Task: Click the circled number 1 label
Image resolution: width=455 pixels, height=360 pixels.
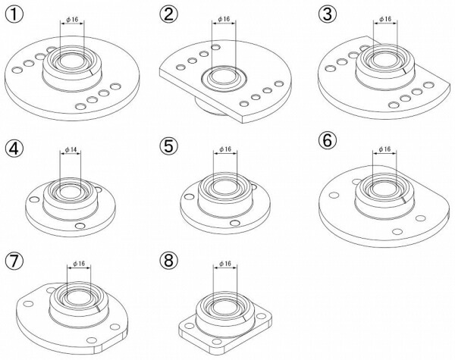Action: pyautogui.click(x=14, y=14)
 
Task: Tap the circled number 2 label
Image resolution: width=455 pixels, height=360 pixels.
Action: pyautogui.click(x=168, y=14)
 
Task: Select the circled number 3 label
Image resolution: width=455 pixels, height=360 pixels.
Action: pyautogui.click(x=327, y=14)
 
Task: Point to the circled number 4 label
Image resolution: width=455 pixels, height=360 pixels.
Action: pyautogui.click(x=14, y=149)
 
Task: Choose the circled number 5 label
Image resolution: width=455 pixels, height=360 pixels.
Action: pyautogui.click(x=168, y=146)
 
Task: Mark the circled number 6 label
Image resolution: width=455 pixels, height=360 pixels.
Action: pyautogui.click(x=327, y=140)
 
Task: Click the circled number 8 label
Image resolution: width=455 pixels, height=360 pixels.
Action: pyautogui.click(x=168, y=260)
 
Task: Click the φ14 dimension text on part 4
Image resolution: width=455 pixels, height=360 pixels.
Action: pyautogui.click(x=71, y=150)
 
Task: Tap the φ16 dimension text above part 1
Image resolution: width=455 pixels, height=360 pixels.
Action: pyautogui.click(x=72, y=20)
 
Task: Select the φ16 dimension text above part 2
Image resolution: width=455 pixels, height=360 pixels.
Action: pyautogui.click(x=224, y=19)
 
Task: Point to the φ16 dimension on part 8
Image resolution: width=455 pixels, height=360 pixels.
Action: pyautogui.click(x=225, y=264)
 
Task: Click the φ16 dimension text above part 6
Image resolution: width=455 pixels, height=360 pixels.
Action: pyautogui.click(x=384, y=149)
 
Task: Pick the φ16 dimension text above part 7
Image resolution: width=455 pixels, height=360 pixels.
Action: pyautogui.click(x=79, y=264)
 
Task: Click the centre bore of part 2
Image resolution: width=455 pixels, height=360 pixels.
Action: pyautogui.click(x=224, y=77)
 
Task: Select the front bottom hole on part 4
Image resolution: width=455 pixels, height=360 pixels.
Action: pyautogui.click(x=80, y=226)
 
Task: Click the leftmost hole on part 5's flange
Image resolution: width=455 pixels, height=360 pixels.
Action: pyautogui.click(x=189, y=197)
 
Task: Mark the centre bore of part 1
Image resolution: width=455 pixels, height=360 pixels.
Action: pyautogui.click(x=72, y=61)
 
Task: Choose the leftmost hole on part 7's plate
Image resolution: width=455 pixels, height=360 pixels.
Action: pyautogui.click(x=29, y=304)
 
